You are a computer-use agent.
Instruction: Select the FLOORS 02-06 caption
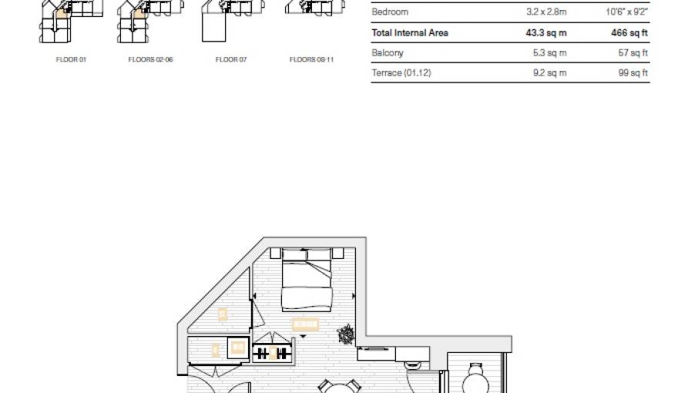tap(150, 59)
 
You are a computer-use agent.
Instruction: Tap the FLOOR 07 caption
tap(231, 59)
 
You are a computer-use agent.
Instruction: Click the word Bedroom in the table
tap(390, 12)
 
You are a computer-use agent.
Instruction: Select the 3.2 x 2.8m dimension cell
tap(546, 12)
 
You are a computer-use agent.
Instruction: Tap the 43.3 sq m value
tap(545, 33)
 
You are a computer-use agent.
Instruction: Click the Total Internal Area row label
tap(409, 33)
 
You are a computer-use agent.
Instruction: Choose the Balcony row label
tap(387, 53)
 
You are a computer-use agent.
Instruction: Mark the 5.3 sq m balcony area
tap(548, 53)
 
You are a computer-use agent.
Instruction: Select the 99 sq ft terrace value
tap(634, 73)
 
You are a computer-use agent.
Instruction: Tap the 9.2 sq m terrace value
tap(548, 73)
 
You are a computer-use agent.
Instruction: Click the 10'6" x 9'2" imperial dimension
tap(626, 12)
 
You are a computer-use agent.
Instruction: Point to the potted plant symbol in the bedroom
tap(346, 334)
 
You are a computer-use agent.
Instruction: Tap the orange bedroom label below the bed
tap(305, 324)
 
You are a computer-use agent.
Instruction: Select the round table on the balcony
tap(475, 381)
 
